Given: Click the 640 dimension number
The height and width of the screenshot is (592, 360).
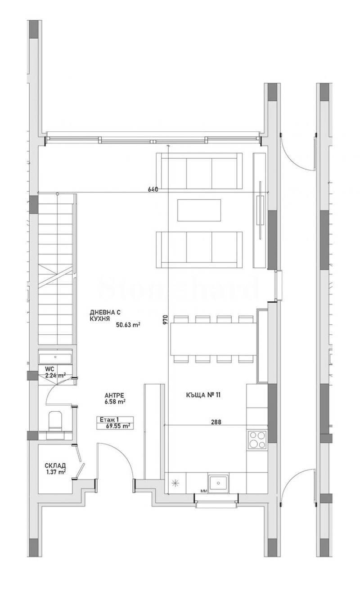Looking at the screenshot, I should pyautogui.click(x=153, y=189).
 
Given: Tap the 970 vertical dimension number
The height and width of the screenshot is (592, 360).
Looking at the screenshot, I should pyautogui.click(x=165, y=319).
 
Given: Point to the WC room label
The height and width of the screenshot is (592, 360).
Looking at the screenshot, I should pyautogui.click(x=49, y=369).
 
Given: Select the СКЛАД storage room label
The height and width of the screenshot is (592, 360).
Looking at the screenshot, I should pyautogui.click(x=55, y=465).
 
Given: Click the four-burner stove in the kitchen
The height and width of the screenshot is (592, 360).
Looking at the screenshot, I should pyautogui.click(x=257, y=440).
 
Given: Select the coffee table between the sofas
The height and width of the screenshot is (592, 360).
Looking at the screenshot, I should pyautogui.click(x=199, y=210).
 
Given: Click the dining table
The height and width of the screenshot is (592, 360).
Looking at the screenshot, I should pyautogui.click(x=213, y=339).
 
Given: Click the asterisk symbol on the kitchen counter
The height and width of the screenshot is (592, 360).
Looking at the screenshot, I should pyautogui.click(x=175, y=484).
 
